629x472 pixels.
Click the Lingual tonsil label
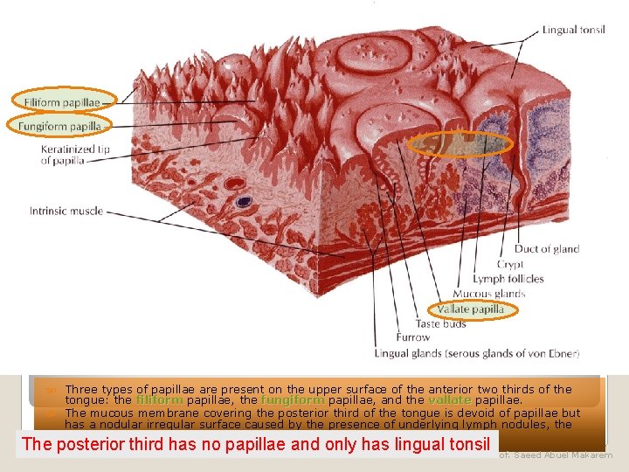coord(573,30)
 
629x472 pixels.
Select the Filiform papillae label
coord(61,102)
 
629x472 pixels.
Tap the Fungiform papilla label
coord(60,126)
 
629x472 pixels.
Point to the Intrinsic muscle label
coord(66,211)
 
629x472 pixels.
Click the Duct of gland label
coord(547,249)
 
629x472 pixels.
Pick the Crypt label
coord(510,264)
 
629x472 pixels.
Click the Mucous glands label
coord(488,294)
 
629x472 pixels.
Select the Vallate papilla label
coord(472,309)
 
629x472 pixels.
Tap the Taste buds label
coord(441,323)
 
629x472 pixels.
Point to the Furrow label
coord(413,337)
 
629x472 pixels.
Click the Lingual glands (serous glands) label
coord(476,353)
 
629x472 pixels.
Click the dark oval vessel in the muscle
coord(244,202)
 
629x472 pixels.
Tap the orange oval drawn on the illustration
coord(460,144)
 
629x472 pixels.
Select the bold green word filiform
coord(159,400)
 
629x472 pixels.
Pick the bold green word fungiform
coord(292,400)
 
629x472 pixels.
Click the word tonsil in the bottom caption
coord(468,444)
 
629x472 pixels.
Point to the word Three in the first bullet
coord(81,389)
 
